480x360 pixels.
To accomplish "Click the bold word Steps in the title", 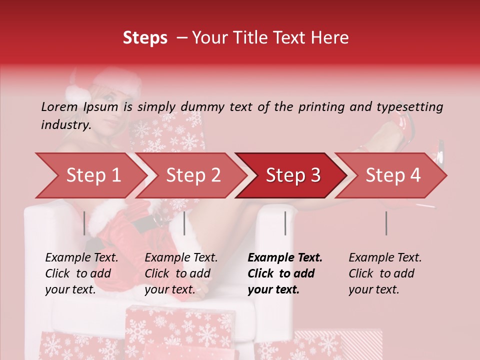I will click(x=145, y=37).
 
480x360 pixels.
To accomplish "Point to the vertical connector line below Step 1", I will click(x=84, y=223).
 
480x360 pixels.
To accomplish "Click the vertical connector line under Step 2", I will click(x=184, y=223).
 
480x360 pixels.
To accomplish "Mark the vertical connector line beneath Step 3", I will click(x=285, y=223).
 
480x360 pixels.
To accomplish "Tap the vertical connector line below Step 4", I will click(x=386, y=223).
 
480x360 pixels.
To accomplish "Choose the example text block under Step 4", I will click(x=385, y=273).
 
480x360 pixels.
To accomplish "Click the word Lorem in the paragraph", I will click(x=59, y=107).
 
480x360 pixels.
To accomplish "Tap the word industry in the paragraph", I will click(x=65, y=125).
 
